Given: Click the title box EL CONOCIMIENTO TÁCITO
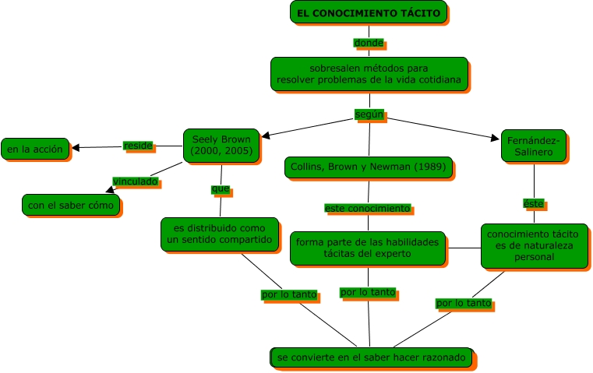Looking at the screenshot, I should point(369,13).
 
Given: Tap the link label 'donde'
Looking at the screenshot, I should point(369,43).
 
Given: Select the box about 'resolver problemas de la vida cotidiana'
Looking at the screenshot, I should point(369,73).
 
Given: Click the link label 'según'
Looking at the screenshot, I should point(369,114).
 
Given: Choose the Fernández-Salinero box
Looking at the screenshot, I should point(533,146).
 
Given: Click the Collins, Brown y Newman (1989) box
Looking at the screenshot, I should point(369,167).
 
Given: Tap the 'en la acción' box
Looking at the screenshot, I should point(35,149).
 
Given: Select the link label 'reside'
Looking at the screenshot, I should point(138,146).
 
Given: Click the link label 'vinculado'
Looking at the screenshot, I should point(136,181).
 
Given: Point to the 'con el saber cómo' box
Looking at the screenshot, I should point(71,206).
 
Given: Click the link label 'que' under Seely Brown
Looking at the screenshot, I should point(221,188).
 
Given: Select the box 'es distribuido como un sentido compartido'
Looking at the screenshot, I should point(220,234).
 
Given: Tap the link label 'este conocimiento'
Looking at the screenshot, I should point(368,209).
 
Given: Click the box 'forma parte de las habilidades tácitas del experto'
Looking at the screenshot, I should point(368,248).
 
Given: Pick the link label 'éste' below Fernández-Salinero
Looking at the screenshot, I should point(533,203).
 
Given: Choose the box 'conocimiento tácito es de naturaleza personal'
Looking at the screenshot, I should point(534,245).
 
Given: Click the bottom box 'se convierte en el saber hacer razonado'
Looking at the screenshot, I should point(372,357).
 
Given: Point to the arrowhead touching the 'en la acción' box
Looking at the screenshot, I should point(76,147).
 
